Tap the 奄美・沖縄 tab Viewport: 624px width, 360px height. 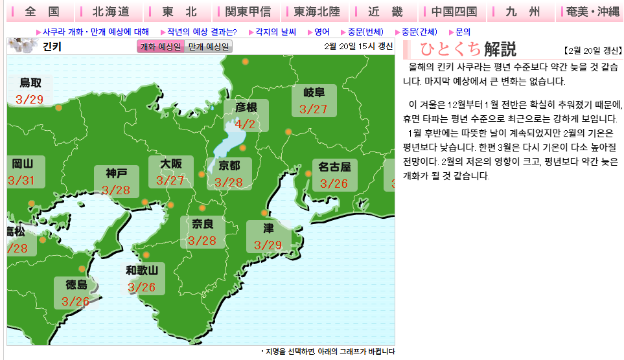tap(592, 12)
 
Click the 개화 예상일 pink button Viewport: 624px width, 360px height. tap(161, 47)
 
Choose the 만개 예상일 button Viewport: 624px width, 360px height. tap(209, 47)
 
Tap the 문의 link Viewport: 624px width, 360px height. tap(463, 31)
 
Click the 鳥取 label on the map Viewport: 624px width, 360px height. tap(30, 83)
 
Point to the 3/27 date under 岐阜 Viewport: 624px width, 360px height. tap(314, 109)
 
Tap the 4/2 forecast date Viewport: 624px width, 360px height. tap(245, 124)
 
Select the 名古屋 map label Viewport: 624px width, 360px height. tap(334, 167)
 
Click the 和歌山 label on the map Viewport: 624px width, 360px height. tap(142, 270)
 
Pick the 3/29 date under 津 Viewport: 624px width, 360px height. tap(268, 245)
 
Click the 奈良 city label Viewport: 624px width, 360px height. tap(202, 225)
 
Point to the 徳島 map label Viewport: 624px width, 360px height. tap(76, 284)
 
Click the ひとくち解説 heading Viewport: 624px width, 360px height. tap(467, 49)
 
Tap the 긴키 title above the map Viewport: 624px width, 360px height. tap(52, 47)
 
